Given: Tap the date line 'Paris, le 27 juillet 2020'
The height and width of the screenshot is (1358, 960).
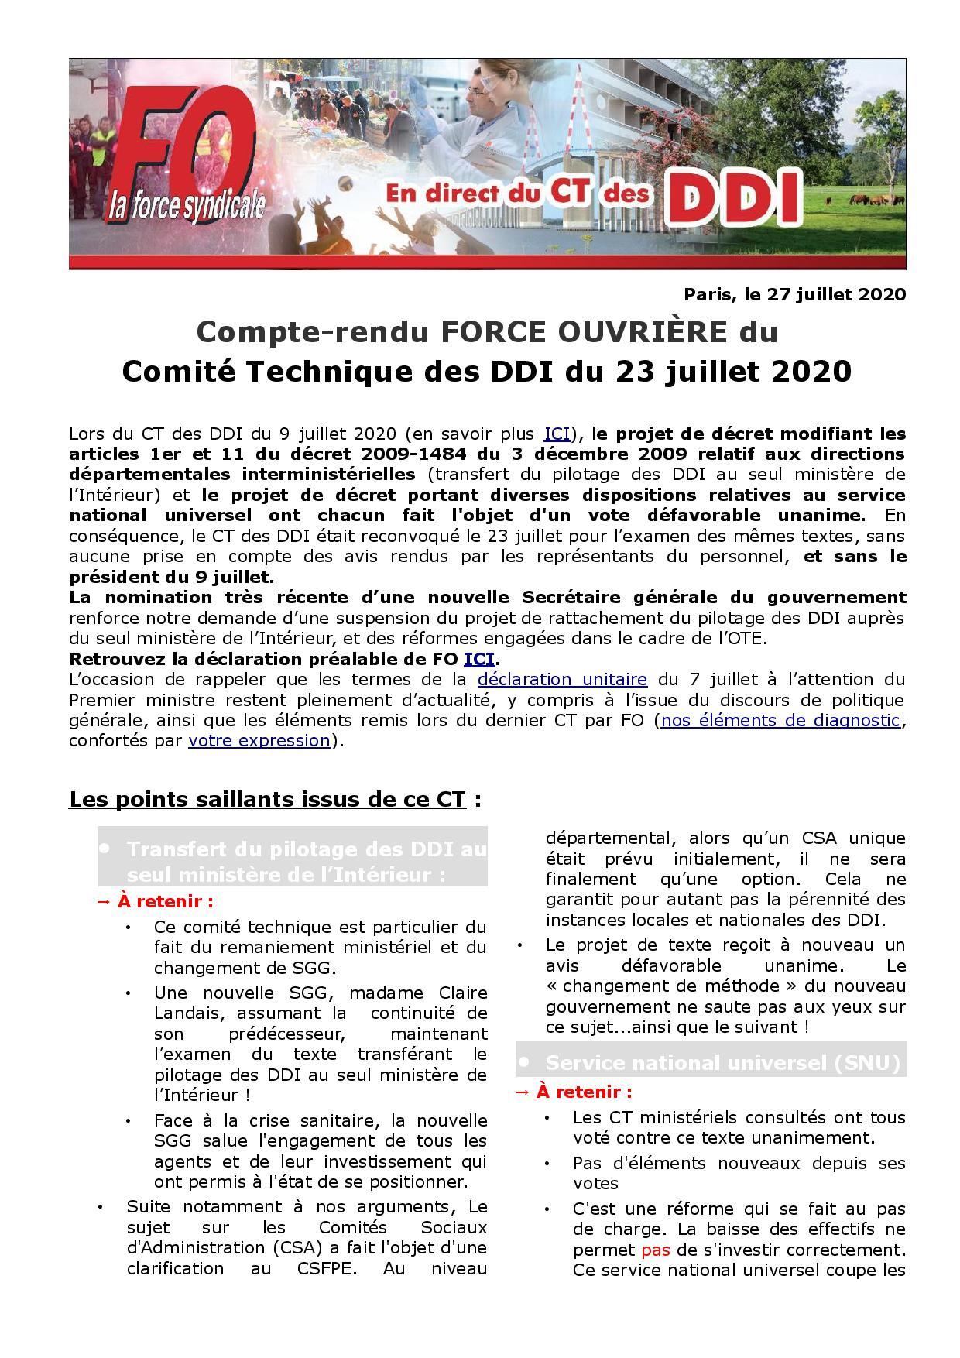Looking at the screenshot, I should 794,295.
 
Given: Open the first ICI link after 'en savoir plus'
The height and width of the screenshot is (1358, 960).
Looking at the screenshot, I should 557,433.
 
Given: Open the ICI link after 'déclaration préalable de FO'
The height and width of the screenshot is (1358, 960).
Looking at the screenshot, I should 478,659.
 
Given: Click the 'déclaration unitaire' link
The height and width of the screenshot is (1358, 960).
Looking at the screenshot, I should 562,680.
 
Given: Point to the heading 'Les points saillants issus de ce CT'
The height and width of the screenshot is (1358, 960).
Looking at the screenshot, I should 268,799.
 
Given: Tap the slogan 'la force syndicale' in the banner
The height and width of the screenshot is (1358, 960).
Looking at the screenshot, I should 197,206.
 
